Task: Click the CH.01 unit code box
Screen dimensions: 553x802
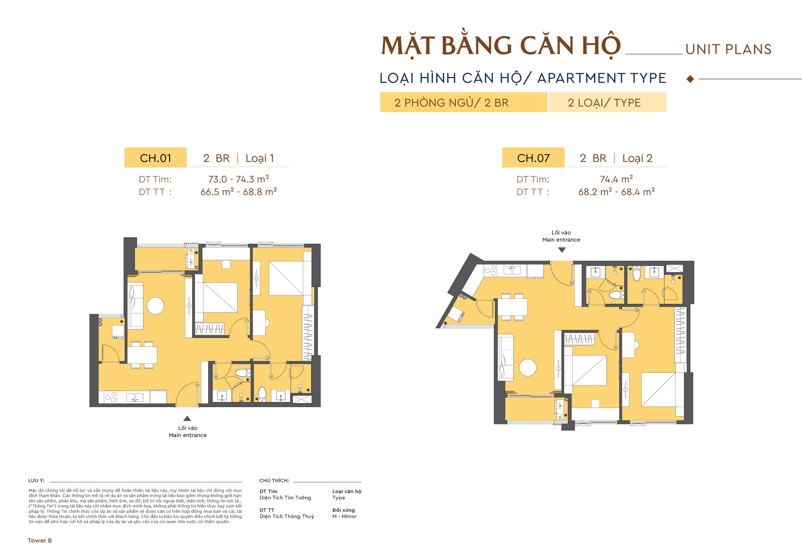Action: click(x=156, y=158)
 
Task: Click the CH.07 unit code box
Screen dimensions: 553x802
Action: click(x=533, y=158)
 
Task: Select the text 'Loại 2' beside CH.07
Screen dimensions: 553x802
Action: click(x=637, y=158)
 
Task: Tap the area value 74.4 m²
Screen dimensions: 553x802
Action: click(x=616, y=179)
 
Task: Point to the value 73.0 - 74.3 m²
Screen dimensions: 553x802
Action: click(x=239, y=179)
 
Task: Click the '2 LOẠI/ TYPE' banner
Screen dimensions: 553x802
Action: click(x=607, y=103)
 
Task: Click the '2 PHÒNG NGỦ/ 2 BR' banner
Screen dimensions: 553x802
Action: click(x=464, y=103)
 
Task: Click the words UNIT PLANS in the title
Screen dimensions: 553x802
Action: click(x=728, y=49)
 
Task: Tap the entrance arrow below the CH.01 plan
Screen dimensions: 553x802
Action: click(x=187, y=418)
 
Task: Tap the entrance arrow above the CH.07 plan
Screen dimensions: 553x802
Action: click(x=562, y=250)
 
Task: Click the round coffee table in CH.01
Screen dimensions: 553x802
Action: click(x=156, y=306)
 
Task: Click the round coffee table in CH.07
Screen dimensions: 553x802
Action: click(x=528, y=367)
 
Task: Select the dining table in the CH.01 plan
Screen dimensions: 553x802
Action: click(x=142, y=355)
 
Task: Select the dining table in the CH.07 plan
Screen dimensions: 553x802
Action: click(x=512, y=307)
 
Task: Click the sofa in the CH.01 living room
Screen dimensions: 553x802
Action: click(x=136, y=305)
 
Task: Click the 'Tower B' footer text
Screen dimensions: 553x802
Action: click(x=40, y=541)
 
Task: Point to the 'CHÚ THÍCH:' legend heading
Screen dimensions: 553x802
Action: click(x=274, y=480)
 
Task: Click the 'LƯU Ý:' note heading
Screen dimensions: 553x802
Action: click(x=36, y=480)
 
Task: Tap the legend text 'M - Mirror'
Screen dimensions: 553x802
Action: click(x=344, y=517)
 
